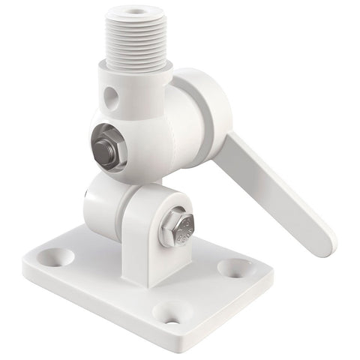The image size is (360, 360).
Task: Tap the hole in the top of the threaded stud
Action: pos(136,13)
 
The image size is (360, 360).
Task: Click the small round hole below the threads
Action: pos(110,97)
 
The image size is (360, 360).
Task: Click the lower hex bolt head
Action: pos(177,227)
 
